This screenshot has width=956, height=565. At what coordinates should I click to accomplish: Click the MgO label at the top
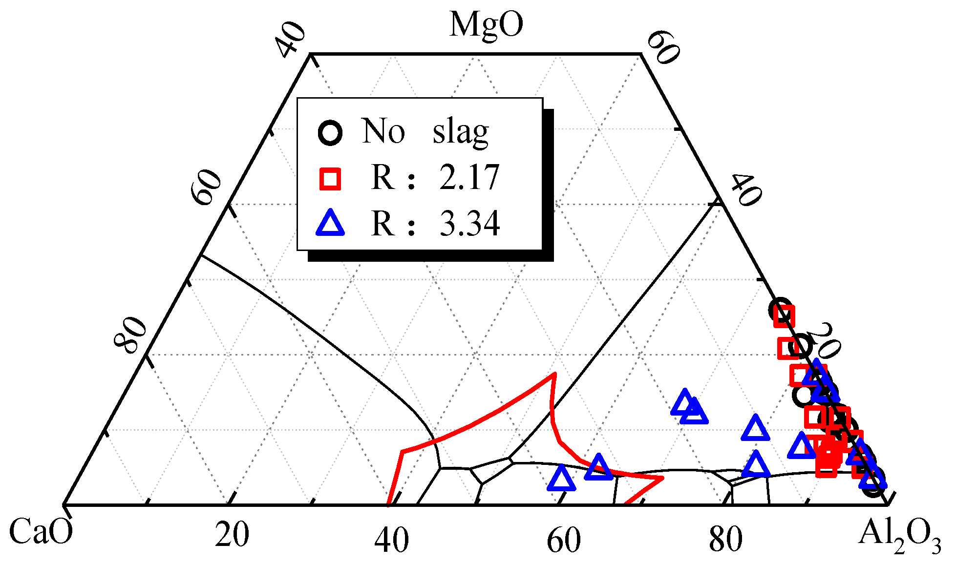point(486,24)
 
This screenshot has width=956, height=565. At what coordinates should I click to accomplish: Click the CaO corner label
point(41,532)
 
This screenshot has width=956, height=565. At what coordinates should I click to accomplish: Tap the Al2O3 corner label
point(899,534)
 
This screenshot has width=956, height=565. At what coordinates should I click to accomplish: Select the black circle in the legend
point(330,132)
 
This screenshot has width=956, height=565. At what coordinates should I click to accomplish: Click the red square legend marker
point(330,178)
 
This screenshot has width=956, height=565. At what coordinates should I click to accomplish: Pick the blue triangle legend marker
point(330,224)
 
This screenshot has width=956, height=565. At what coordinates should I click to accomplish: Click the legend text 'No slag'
point(425,131)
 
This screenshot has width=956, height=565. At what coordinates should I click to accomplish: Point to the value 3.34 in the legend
point(469,224)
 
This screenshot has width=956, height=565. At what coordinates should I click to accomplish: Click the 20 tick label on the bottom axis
point(232,535)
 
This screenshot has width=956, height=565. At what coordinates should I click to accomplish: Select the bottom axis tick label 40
point(392,541)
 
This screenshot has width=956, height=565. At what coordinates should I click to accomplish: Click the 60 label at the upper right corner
point(663,47)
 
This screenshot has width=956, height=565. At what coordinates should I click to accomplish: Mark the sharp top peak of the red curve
point(554,374)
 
